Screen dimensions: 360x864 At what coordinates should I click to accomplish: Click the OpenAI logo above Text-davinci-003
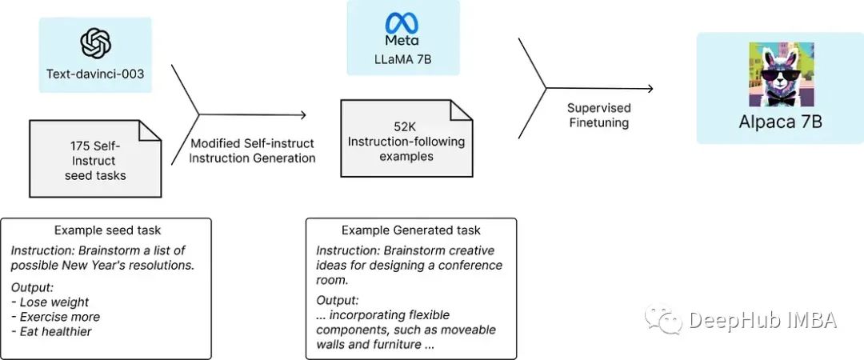[x=95, y=42]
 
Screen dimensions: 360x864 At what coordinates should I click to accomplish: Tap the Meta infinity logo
[x=402, y=22]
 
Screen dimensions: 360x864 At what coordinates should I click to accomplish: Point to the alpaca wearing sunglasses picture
[x=780, y=74]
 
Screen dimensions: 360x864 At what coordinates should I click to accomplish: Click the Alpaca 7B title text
[x=780, y=122]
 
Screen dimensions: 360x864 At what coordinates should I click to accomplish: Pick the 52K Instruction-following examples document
[x=405, y=140]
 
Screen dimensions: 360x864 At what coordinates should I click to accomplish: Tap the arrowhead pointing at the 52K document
[x=303, y=115]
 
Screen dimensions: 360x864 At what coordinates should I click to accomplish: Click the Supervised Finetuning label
[x=598, y=115]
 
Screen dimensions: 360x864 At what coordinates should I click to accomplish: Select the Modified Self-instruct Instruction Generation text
[x=252, y=150]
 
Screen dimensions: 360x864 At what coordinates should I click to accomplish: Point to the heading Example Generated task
[x=410, y=230]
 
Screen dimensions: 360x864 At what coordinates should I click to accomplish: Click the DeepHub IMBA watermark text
[x=762, y=321]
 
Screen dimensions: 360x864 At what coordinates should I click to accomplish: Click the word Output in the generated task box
[x=337, y=301]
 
